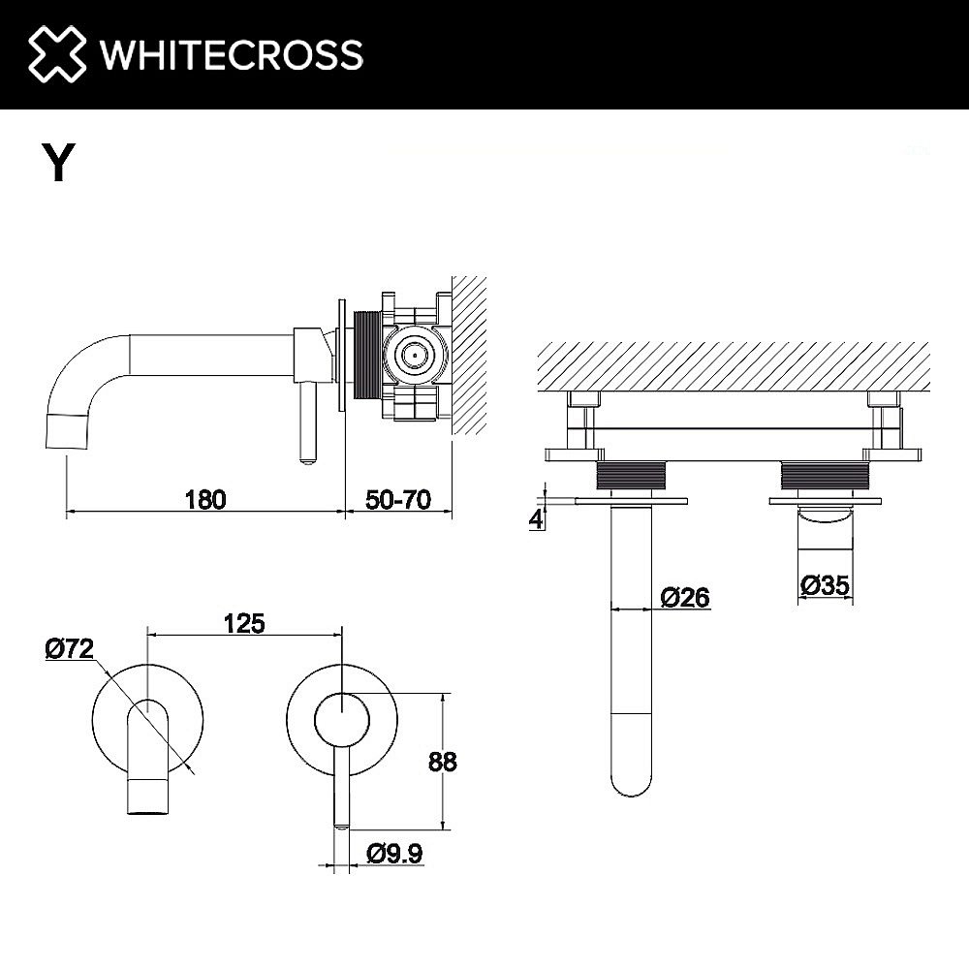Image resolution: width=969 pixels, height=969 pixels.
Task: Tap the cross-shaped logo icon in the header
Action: [x=57, y=54]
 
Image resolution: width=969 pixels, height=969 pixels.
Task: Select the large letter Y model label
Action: [x=58, y=162]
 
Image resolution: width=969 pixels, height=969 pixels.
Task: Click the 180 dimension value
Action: [x=204, y=499]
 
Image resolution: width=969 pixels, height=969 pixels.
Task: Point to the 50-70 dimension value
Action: [x=398, y=499]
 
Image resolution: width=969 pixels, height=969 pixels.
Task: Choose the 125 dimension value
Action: [x=243, y=623]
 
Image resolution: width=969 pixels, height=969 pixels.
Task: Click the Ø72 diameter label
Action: [x=69, y=649]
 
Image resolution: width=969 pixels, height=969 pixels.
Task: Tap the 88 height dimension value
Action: [x=442, y=762]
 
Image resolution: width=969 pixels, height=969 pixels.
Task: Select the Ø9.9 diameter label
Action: [x=392, y=853]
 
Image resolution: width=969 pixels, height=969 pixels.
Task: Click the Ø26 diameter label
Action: [x=685, y=598]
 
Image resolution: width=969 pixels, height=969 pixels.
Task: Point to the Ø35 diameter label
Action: [x=826, y=584]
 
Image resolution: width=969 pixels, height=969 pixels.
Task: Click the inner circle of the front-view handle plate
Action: [x=341, y=721]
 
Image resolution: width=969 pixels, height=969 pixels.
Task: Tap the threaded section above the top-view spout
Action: [x=632, y=477]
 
